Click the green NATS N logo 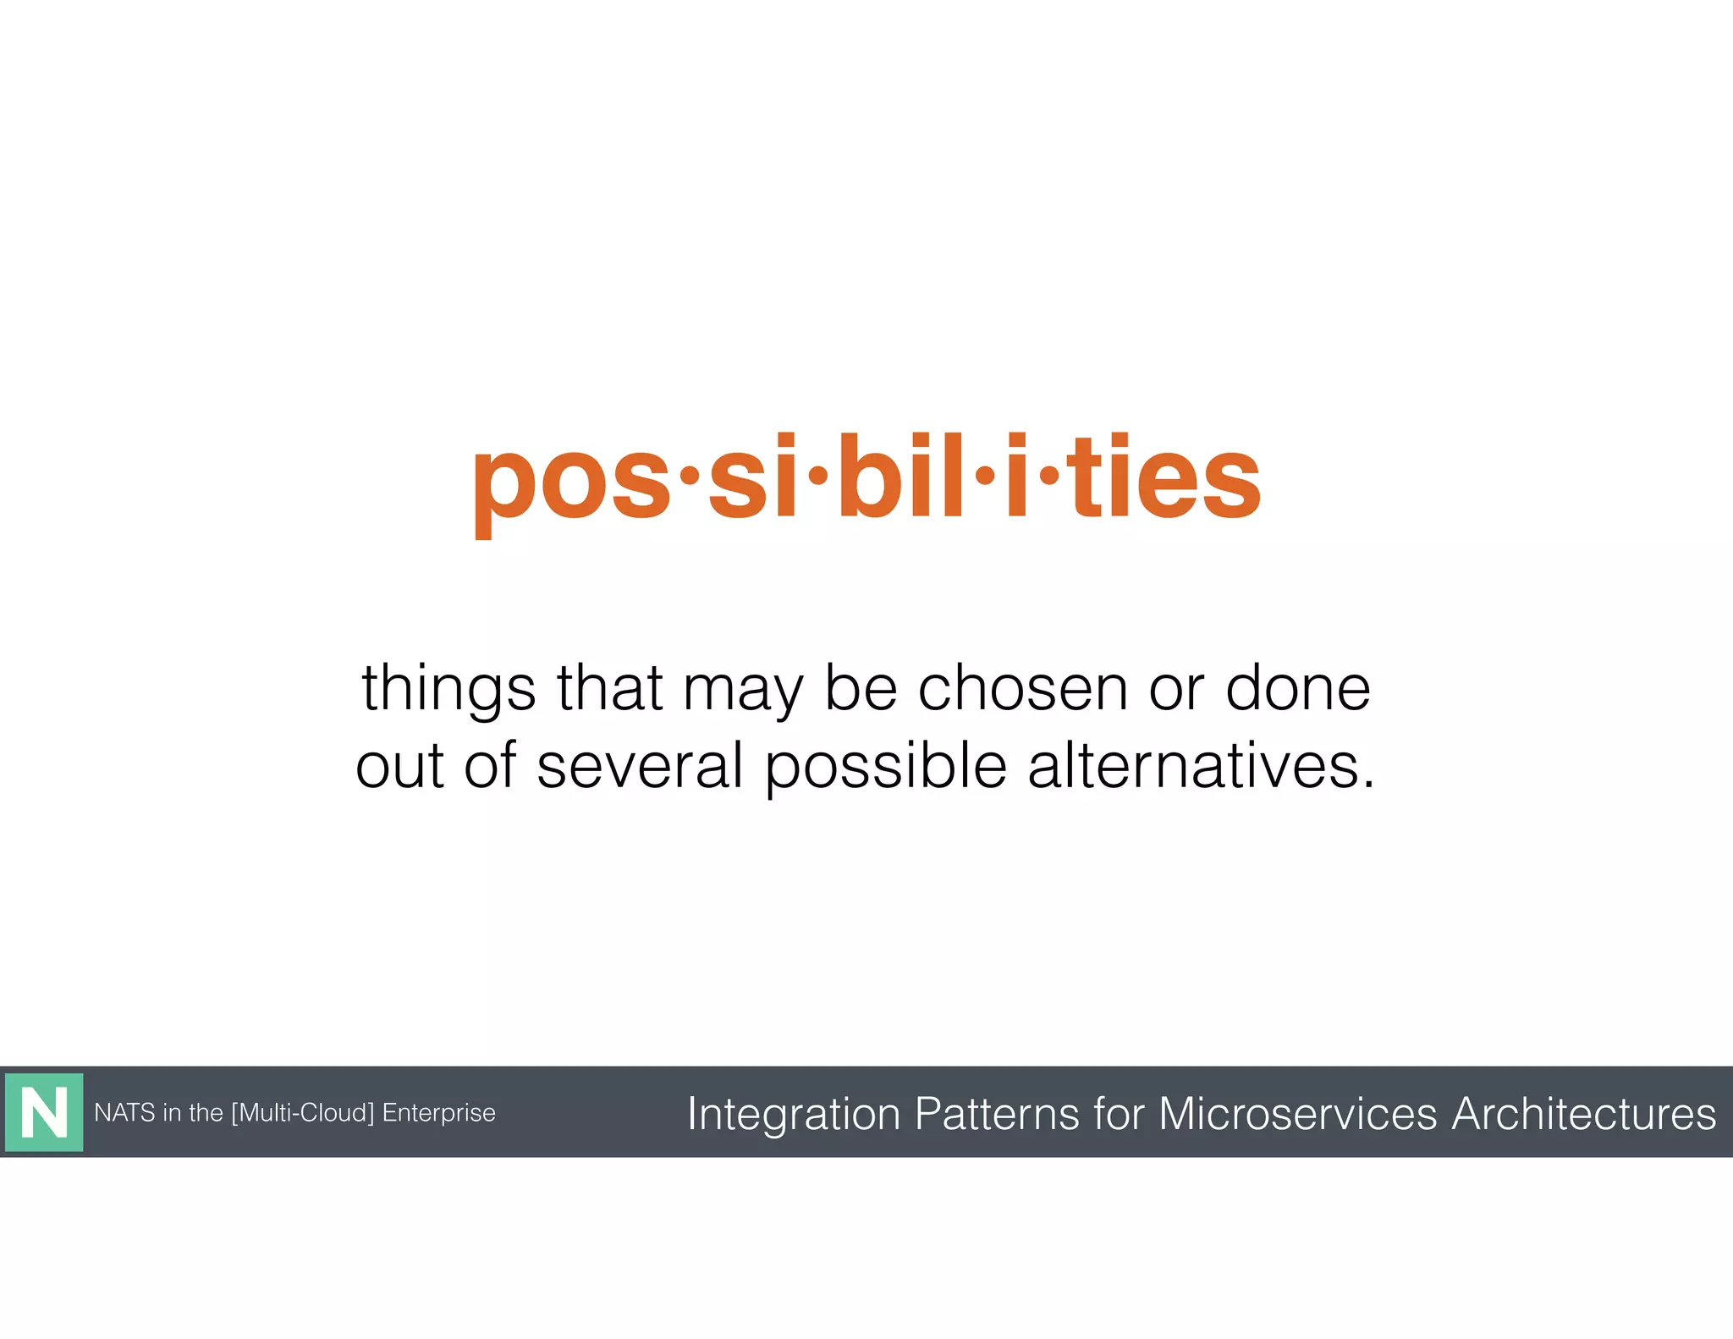[x=44, y=1112]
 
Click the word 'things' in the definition [x=448, y=690]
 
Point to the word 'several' [x=640, y=765]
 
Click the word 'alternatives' [x=1201, y=765]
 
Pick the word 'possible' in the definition [x=885, y=767]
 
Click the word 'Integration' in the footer [x=793, y=1114]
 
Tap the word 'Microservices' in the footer [x=1297, y=1114]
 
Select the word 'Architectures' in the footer [x=1583, y=1114]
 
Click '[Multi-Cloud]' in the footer [x=302, y=1112]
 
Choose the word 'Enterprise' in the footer [x=438, y=1113]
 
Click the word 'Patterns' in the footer [x=996, y=1114]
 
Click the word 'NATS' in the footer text [x=124, y=1112]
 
